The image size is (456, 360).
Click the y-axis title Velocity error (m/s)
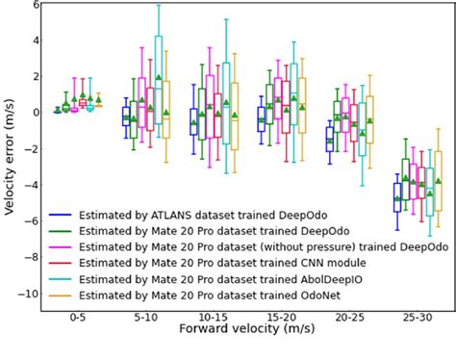(x=11, y=159)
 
